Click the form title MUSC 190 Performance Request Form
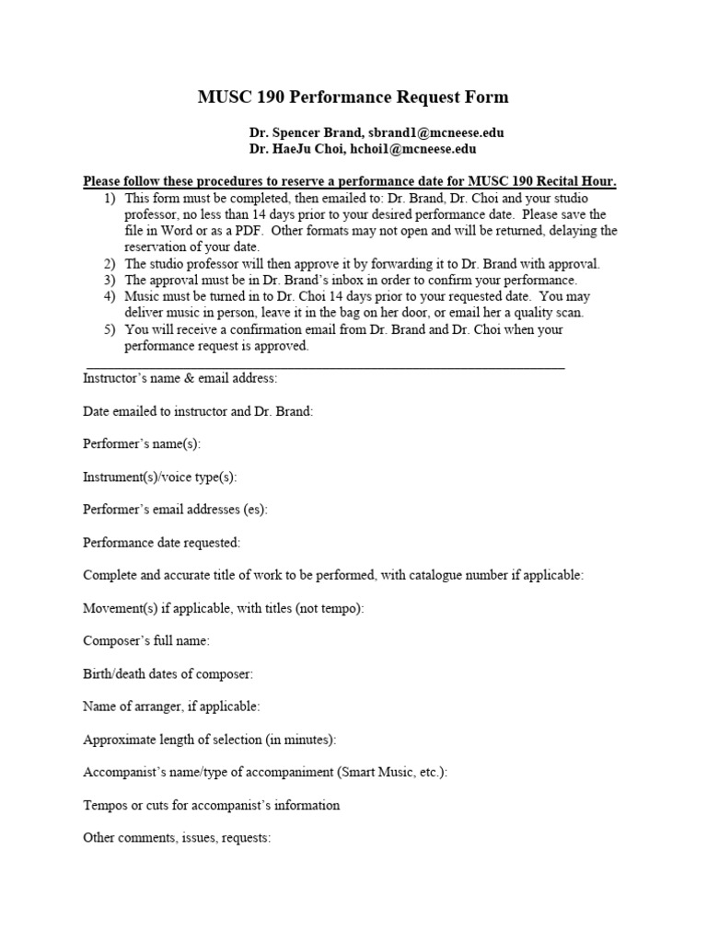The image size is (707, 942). [353, 98]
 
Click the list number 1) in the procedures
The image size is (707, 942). [110, 199]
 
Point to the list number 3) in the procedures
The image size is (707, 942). [110, 280]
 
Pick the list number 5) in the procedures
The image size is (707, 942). [110, 329]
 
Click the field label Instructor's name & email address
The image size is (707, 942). [180, 378]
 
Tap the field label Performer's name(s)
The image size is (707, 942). [142, 443]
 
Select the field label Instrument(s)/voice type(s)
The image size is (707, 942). [160, 477]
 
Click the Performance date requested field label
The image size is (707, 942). [161, 543]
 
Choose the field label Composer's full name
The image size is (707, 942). [146, 640]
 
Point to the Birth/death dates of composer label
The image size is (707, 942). [168, 673]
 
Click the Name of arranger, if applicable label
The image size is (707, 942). [171, 706]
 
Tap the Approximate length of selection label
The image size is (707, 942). [210, 740]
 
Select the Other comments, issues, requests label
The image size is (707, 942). [177, 838]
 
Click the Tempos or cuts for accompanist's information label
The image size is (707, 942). [212, 805]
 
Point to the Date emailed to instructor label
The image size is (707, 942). [198, 411]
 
